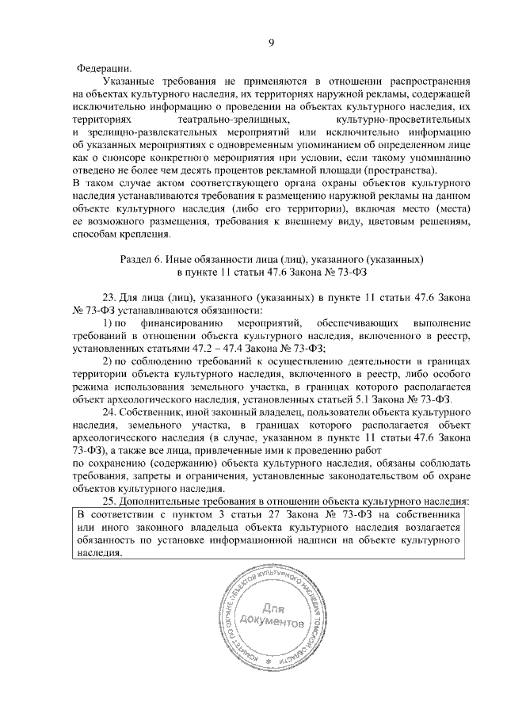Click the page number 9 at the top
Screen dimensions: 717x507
tap(270, 42)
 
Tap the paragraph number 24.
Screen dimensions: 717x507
tap(111, 412)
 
